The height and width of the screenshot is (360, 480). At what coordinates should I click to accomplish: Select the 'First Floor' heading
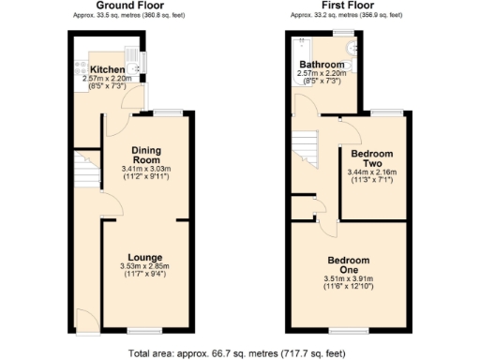tap(346, 6)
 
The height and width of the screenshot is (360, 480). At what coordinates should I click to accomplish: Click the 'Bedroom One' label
tap(348, 264)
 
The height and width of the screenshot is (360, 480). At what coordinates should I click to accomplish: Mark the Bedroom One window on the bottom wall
tap(346, 330)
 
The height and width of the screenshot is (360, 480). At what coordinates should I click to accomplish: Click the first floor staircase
tap(307, 147)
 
